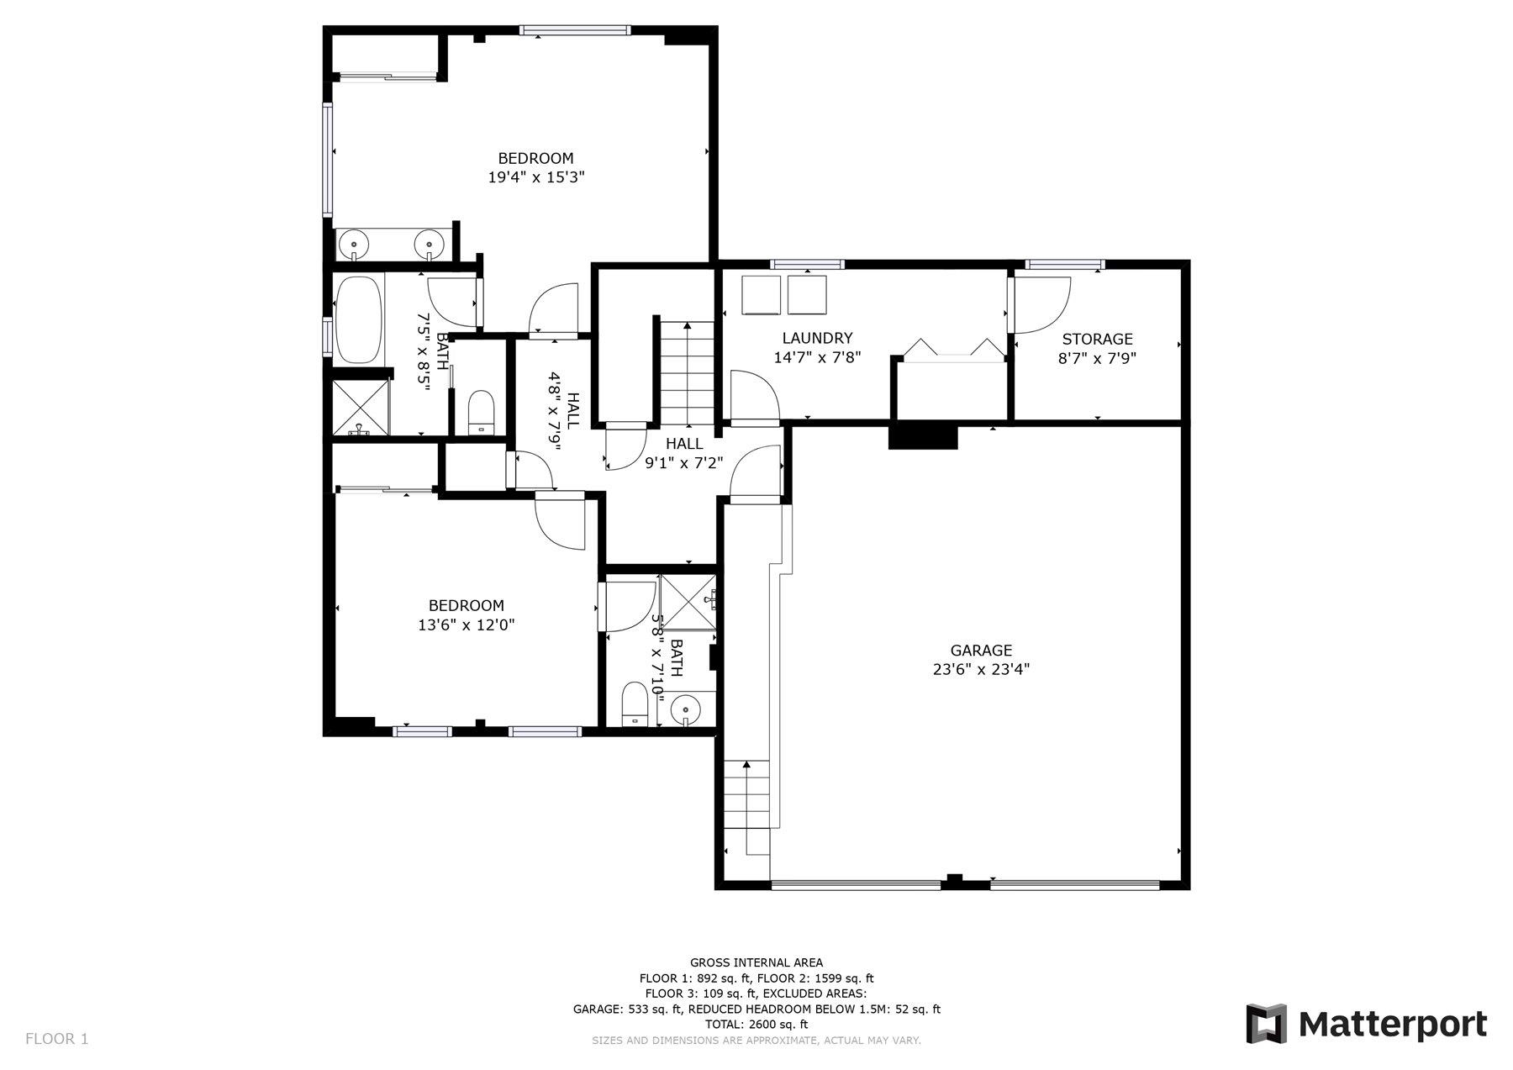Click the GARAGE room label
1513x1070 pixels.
pos(981,650)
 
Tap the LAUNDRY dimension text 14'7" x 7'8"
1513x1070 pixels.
pos(817,357)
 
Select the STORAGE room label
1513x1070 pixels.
pos(1097,339)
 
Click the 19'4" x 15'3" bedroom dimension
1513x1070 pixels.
pos(535,177)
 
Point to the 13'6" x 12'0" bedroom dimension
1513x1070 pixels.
pos(466,625)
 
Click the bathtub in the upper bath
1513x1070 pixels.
pos(359,319)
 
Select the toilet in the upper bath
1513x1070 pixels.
pos(482,413)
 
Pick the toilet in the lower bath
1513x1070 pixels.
pos(634,704)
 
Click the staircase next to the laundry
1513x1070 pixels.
pos(687,374)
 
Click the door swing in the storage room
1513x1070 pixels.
pos(1041,303)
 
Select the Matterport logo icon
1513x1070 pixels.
pos(1266,1023)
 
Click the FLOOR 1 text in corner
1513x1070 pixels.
pos(56,1039)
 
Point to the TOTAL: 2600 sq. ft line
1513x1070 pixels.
pos(756,1024)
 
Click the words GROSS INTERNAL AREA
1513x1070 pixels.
pos(756,962)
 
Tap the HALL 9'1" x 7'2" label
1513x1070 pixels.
pos(684,453)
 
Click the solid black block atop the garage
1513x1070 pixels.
pos(923,437)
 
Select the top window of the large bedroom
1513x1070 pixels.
pos(574,30)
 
